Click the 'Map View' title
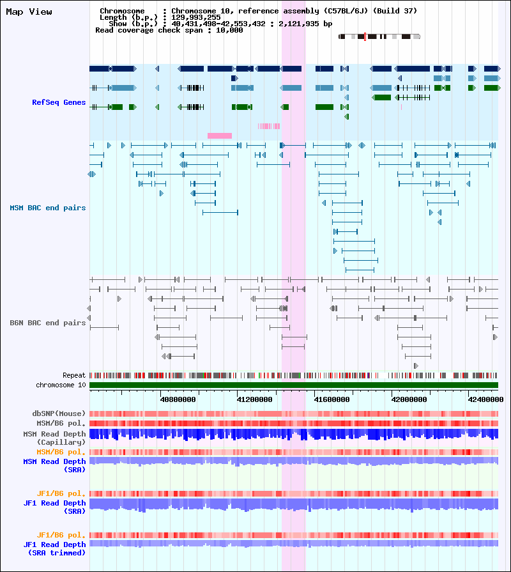coord(29,12)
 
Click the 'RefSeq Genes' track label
coord(59,102)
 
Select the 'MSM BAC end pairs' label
coord(48,208)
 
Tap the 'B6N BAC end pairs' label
coord(48,323)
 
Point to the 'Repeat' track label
coord(74,375)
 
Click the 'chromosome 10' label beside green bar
coord(61,385)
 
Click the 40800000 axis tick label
coord(178,399)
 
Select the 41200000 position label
coord(254,399)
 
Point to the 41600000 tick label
coord(332,399)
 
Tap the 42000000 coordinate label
coord(409,399)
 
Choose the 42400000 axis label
coord(486,399)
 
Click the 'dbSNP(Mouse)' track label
coord(59,414)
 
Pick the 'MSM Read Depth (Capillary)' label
coord(55,438)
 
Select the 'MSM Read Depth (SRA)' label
coord(55,465)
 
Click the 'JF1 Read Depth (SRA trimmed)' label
coord(55,548)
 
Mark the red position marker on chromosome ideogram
coord(365,36)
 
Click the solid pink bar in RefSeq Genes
coord(220,135)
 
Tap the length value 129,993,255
coord(196,17)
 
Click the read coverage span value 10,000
coord(229,30)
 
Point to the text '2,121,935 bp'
coord(305,24)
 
